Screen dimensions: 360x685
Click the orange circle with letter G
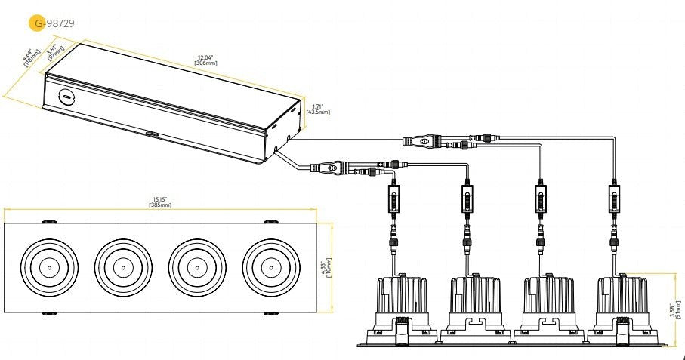[36, 23]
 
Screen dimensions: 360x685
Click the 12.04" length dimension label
[205, 60]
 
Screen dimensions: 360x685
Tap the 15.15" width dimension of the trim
[160, 203]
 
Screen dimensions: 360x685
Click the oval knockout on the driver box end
[66, 97]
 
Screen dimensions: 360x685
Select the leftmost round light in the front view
[48, 268]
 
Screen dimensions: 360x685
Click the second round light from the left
[122, 268]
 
